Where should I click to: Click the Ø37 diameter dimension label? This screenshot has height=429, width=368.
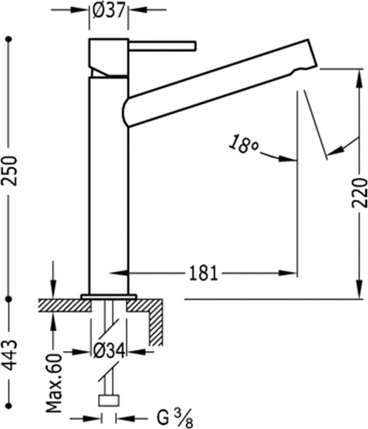pos(109,10)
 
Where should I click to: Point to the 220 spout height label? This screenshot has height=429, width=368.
pos(360,192)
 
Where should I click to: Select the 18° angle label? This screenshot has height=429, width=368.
pos(243,144)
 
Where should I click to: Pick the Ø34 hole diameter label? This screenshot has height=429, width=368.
pos(109,352)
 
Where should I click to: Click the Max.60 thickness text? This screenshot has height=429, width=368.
pos(53,383)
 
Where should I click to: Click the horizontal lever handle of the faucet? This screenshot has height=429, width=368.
pos(162,45)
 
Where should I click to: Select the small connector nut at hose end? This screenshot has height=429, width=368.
pos(108,400)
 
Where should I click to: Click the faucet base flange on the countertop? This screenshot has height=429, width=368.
pos(109,296)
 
